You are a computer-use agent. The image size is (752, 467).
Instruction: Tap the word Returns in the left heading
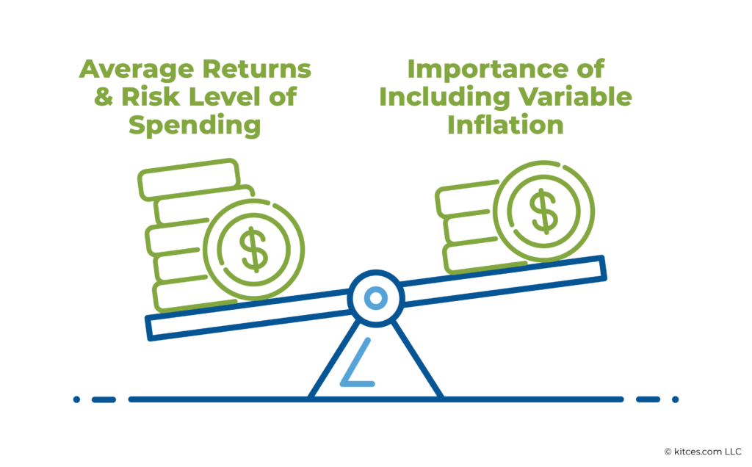click(261, 70)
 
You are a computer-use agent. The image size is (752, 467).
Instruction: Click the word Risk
click(143, 98)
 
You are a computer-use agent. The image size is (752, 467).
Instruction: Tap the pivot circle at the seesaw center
click(376, 298)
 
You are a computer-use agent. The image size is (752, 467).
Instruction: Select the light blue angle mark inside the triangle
click(358, 367)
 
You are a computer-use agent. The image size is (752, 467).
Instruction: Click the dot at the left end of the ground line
click(76, 399)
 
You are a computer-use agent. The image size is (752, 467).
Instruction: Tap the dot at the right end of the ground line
click(675, 399)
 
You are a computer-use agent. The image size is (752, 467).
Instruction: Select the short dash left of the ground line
click(104, 399)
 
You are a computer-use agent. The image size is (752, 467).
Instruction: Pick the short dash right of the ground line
click(648, 399)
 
